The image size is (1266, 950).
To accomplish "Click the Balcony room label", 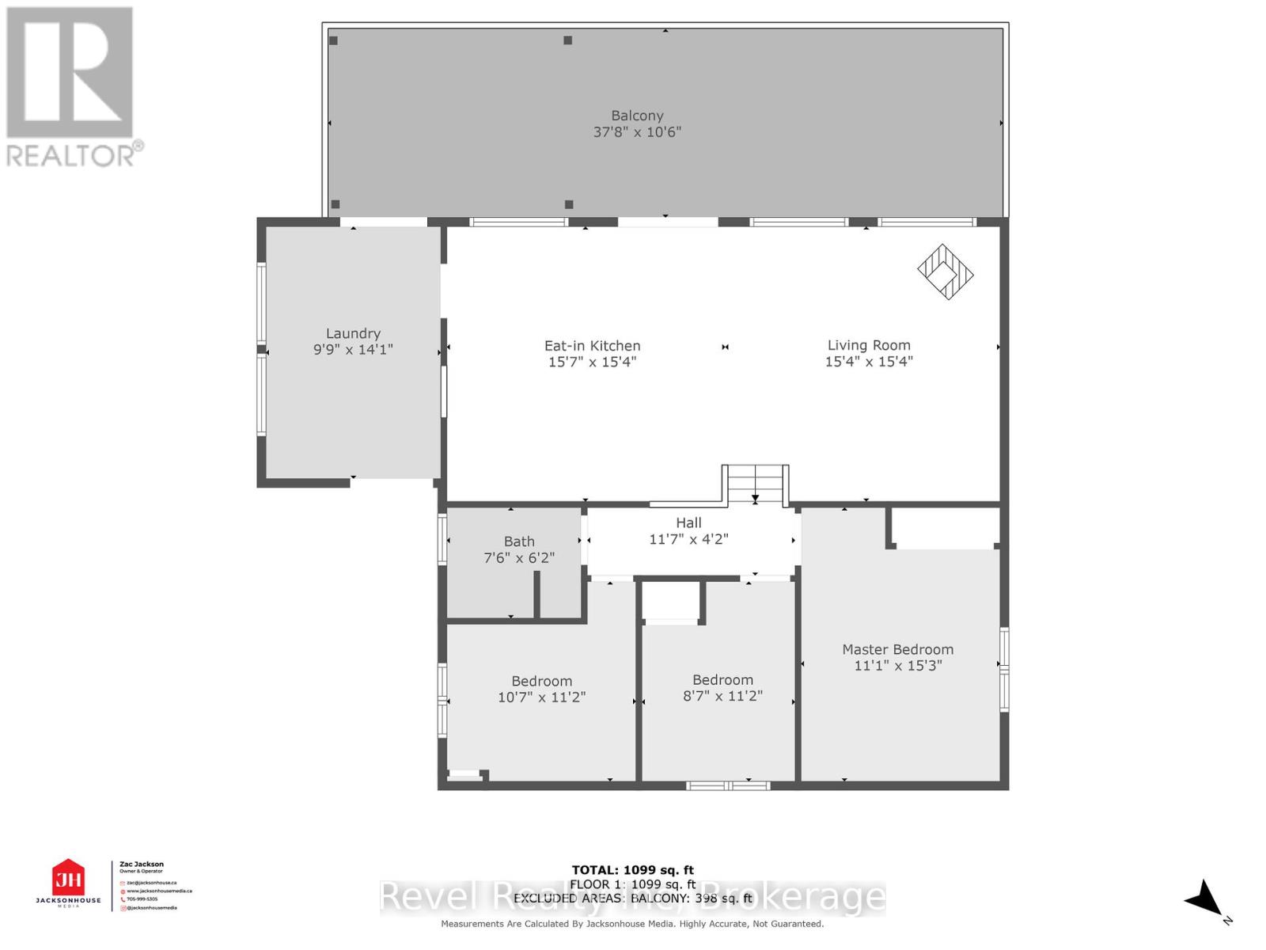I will [x=637, y=116].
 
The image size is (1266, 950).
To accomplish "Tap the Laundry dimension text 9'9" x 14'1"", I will [x=353, y=350].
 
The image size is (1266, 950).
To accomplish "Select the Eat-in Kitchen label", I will [x=592, y=346].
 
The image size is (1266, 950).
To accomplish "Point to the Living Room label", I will [x=869, y=345].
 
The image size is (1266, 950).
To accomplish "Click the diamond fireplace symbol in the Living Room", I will [x=945, y=272].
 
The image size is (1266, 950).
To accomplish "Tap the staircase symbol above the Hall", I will [x=756, y=484].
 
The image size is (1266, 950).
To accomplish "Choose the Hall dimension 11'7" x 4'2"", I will [x=688, y=539].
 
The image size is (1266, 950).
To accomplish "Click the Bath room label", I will [x=519, y=541].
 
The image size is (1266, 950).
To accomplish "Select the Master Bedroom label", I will [x=897, y=649].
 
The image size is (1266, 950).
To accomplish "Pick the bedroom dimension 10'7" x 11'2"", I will [x=541, y=697].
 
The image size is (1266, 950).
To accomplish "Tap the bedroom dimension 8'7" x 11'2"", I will [x=722, y=696].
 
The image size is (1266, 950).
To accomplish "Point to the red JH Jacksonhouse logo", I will [x=68, y=879].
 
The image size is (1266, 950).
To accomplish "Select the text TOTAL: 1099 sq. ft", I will [x=632, y=870].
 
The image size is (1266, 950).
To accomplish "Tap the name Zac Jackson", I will [x=142, y=864].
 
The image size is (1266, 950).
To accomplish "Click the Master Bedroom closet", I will [x=945, y=527].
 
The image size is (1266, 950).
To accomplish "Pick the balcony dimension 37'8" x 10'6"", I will [x=637, y=132].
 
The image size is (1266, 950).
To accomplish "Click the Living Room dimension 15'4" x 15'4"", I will [x=869, y=362].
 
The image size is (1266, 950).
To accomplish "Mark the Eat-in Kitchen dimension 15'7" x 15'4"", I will [x=592, y=363].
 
